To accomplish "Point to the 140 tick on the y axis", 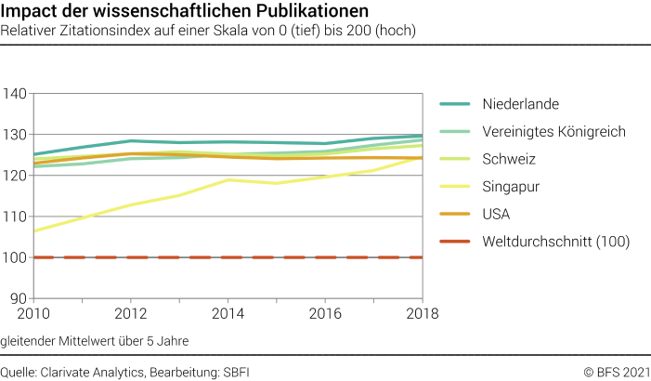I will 15,94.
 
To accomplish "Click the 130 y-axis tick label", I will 15,135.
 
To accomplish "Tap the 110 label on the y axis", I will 15,217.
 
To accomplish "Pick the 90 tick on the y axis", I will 19,298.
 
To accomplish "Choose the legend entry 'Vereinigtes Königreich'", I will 554,131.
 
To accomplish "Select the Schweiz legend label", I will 509,159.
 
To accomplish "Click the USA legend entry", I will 498,214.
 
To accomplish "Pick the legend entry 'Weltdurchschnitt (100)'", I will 556,242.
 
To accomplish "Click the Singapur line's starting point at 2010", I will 33,230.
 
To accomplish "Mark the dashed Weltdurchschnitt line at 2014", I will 228,257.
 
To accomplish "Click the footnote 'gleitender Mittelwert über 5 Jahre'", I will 95,340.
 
